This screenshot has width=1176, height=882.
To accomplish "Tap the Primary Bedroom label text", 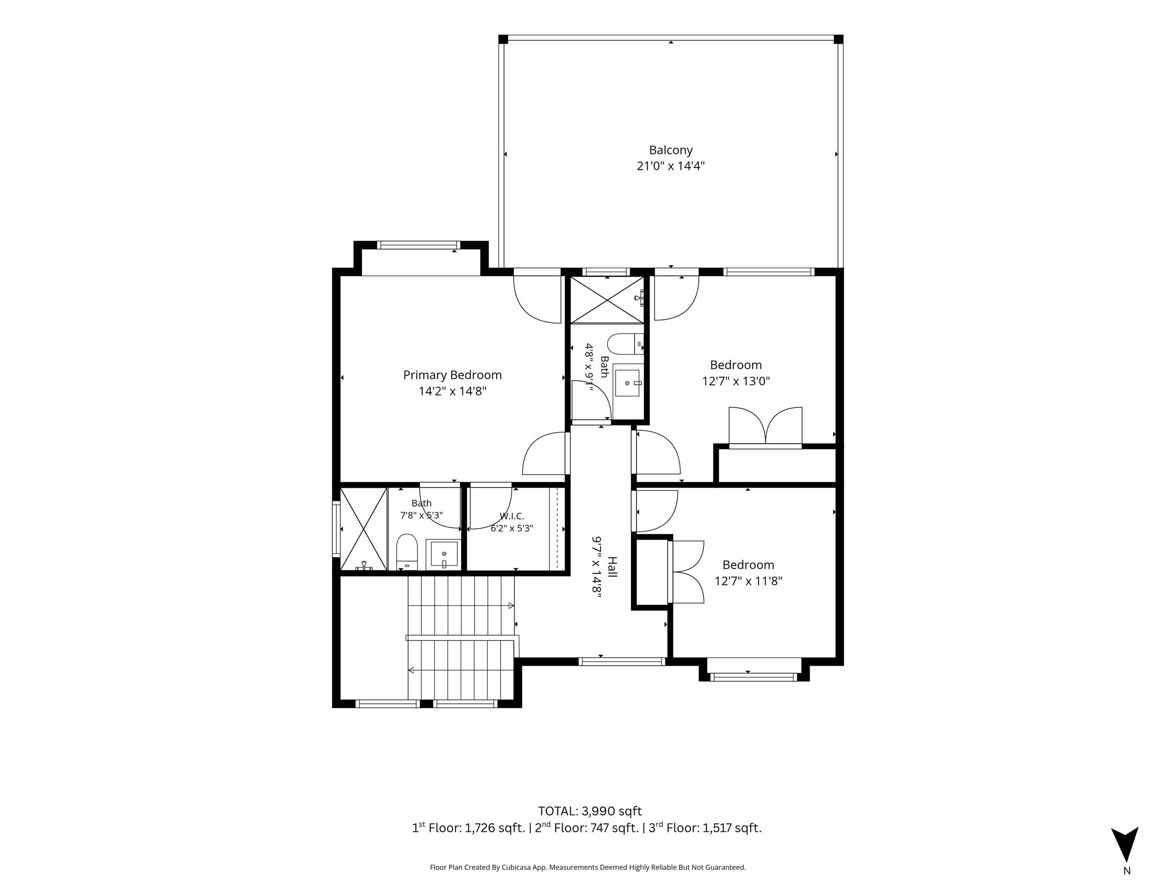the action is click(452, 375).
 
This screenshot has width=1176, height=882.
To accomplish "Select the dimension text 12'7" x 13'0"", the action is click(736, 381).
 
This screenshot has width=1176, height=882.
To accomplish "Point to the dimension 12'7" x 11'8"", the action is click(748, 581).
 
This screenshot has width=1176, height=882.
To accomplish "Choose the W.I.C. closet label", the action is click(511, 516).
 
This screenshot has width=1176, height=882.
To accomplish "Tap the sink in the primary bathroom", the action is click(443, 555).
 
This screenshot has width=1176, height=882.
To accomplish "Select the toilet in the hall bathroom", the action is click(625, 344).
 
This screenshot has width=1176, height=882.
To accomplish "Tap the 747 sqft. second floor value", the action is click(614, 828).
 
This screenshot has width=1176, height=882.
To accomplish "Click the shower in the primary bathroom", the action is click(364, 529).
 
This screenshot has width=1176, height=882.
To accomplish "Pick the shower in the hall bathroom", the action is click(607, 299).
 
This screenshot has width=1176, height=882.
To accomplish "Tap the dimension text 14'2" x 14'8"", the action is click(452, 391).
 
